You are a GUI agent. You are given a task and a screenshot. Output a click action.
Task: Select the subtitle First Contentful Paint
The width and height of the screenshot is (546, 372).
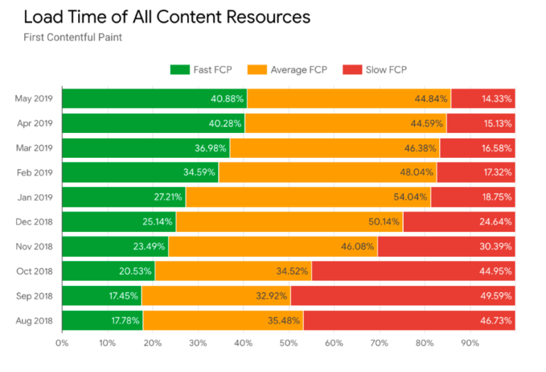(73, 37)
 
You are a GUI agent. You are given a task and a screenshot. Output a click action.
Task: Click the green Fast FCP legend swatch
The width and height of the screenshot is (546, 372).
(179, 70)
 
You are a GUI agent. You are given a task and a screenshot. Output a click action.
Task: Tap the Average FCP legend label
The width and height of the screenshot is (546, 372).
(299, 70)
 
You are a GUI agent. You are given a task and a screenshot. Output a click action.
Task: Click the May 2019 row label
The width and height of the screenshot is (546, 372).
(33, 99)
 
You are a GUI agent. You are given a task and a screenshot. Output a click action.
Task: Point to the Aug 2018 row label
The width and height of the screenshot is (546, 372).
(33, 320)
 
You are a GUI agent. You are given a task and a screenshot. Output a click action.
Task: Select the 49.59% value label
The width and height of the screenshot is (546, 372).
(496, 295)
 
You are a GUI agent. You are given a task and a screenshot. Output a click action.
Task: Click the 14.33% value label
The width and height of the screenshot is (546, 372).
(496, 99)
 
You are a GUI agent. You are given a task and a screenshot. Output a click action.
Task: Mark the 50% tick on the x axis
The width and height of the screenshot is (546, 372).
(289, 343)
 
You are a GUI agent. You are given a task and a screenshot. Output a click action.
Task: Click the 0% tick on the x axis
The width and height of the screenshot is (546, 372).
(62, 343)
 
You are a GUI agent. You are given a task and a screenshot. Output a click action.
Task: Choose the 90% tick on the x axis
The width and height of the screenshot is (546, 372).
(470, 343)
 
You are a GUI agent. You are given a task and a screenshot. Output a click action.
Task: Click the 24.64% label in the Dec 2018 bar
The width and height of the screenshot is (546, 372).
(496, 222)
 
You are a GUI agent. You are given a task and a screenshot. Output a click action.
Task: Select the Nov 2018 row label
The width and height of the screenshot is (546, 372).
(33, 246)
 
